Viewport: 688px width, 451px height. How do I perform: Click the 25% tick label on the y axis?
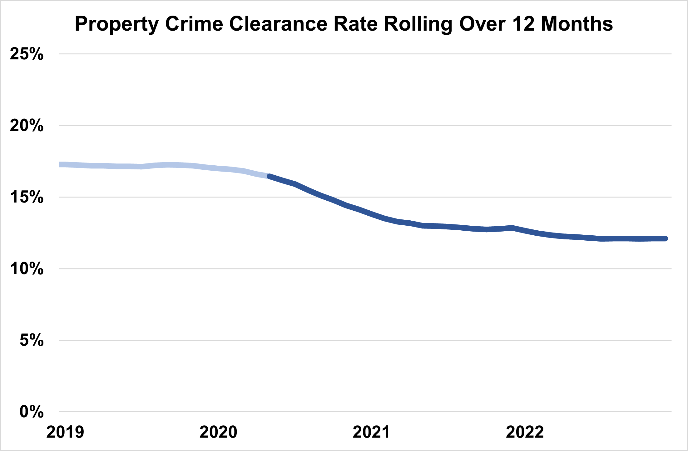(27, 54)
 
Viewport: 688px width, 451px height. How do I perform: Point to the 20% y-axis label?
(27, 126)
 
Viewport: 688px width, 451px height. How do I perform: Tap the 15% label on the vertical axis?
(27, 197)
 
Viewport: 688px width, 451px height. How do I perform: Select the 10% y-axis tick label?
(27, 269)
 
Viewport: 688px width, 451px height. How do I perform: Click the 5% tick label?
(32, 340)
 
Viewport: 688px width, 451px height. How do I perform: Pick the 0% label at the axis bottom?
(32, 412)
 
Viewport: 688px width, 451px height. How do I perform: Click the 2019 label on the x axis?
(65, 432)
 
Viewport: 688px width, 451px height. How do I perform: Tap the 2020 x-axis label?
(218, 432)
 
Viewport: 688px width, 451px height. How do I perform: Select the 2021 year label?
(371, 432)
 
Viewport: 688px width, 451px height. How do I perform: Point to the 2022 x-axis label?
(525, 432)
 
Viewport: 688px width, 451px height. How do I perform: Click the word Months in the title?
(577, 24)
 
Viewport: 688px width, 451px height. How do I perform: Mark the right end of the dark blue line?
(666, 239)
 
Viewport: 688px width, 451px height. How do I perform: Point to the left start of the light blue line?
(60, 165)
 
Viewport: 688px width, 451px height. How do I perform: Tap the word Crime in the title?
(194, 24)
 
